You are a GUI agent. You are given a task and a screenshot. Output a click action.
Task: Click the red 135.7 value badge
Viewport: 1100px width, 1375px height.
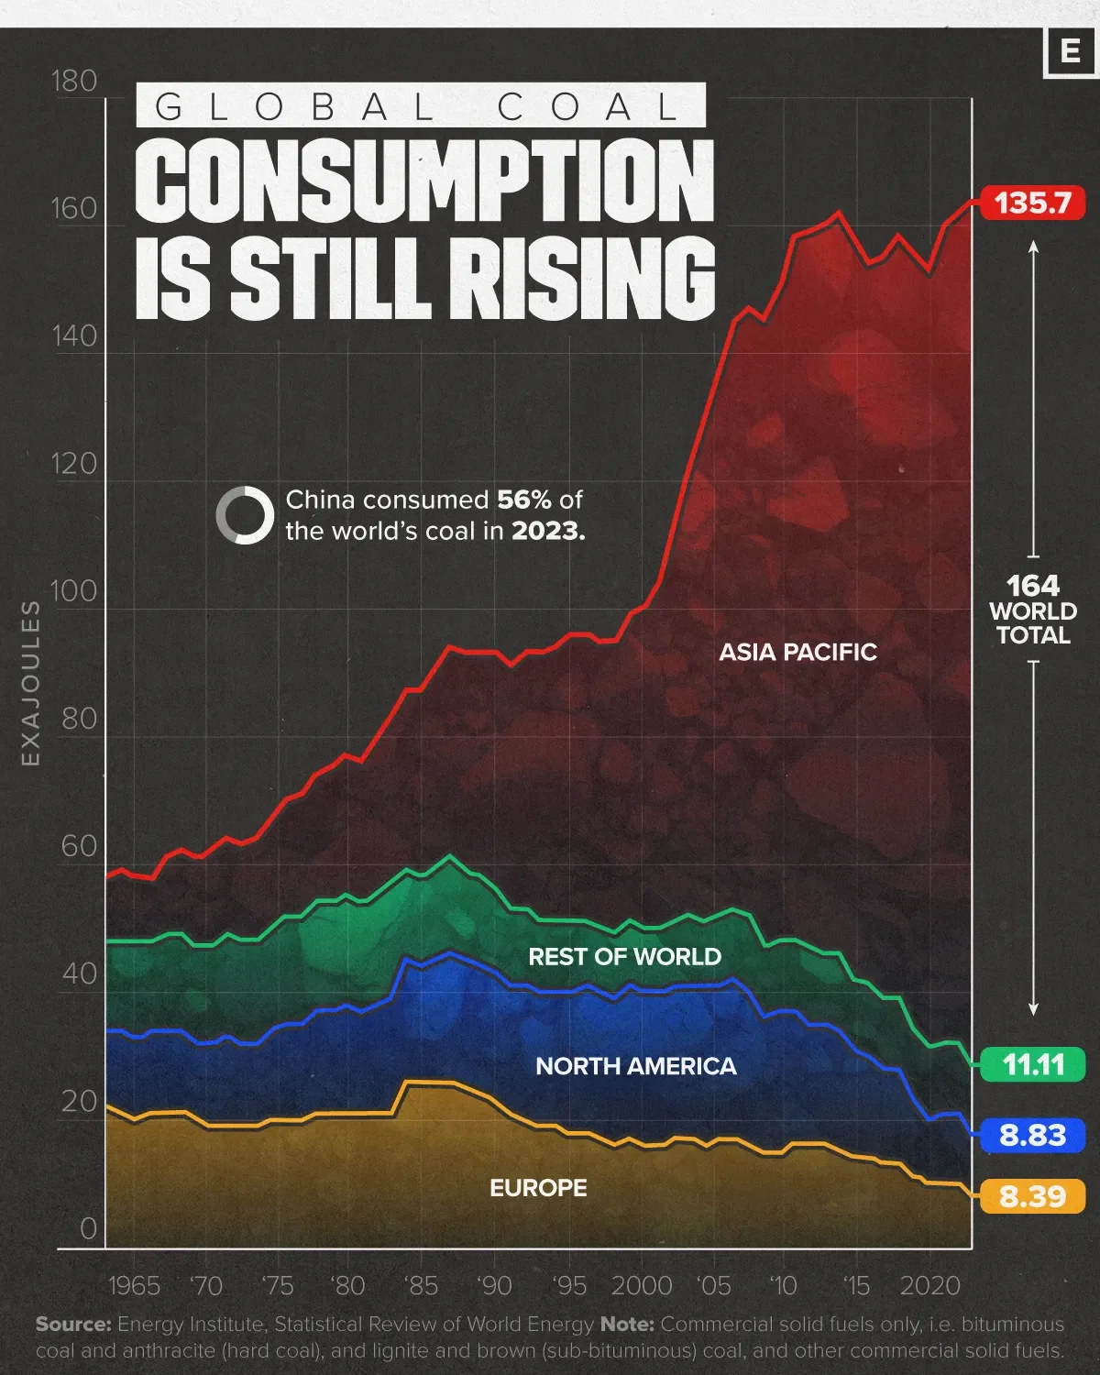[1032, 203]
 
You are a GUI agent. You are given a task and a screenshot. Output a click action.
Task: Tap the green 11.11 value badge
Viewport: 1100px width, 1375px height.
[1032, 1064]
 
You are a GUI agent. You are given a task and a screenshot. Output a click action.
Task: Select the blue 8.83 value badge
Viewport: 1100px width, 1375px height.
[1032, 1135]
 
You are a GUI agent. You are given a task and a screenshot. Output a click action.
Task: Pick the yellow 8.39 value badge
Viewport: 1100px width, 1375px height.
[1032, 1196]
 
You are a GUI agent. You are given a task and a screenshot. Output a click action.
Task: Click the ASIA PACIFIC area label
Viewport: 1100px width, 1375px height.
[797, 652]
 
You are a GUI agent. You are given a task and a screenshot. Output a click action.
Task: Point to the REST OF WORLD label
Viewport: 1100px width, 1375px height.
[624, 957]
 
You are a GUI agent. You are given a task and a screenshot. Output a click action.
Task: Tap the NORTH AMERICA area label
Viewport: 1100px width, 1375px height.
[635, 1066]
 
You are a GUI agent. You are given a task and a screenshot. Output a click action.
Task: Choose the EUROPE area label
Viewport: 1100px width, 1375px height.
[538, 1188]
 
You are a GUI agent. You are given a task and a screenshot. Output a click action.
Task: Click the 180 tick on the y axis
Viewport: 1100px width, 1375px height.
[74, 82]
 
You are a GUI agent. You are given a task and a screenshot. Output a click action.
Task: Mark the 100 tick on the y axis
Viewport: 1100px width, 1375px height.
[74, 591]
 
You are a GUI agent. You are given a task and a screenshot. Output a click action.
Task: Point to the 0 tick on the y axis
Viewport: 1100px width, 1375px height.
[88, 1228]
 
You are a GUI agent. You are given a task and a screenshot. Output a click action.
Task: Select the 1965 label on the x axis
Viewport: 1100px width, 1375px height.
[134, 1285]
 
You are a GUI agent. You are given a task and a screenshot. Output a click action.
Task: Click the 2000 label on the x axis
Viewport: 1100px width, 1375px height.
[641, 1285]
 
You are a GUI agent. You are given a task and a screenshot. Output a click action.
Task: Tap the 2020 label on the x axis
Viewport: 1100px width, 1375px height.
[930, 1285]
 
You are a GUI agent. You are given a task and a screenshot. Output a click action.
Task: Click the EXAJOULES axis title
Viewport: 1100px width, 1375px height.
[31, 683]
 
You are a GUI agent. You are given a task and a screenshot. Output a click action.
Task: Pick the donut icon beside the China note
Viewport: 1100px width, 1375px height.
[245, 515]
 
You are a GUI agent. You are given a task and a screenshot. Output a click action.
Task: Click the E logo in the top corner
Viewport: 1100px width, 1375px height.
[1069, 51]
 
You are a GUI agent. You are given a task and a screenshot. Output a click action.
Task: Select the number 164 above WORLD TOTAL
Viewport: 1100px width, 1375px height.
[1032, 586]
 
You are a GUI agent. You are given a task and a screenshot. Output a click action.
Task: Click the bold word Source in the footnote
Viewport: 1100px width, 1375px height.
[73, 1325]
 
